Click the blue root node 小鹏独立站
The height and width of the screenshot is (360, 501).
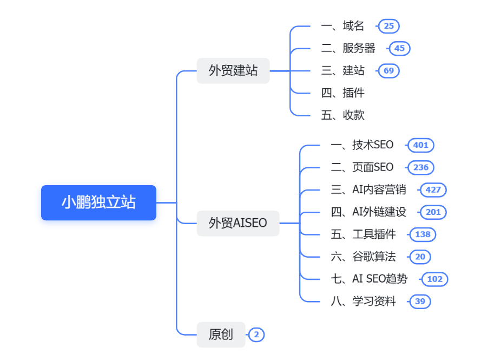pos(98,202)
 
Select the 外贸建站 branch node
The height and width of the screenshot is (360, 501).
pos(233,70)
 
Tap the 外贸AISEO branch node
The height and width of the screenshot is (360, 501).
pos(238,223)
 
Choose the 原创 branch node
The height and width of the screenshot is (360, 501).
pos(221,335)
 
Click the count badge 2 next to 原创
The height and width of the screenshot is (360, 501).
pos(256,335)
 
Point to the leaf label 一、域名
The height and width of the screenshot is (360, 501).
pos(342,26)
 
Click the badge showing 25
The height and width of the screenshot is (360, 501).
pos(388,26)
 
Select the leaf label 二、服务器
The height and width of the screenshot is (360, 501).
pos(348,48)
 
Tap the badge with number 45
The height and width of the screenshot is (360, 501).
pos(399,48)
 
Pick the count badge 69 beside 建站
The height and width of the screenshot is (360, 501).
pos(388,70)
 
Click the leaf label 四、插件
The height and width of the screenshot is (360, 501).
pos(342,93)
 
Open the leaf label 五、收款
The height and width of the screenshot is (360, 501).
pos(342,115)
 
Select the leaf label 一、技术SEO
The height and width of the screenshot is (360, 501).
pos(362,145)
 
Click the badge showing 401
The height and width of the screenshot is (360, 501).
pos(420,145)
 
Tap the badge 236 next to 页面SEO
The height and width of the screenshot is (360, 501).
pos(420,167)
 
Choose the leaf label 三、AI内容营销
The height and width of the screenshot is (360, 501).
pos(368,189)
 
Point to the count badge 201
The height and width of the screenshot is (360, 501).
pos(433,212)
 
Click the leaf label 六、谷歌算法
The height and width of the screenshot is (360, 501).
pos(363,257)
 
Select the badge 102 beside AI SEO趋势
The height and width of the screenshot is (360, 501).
pos(434,279)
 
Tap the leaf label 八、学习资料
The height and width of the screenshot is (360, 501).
pos(363,302)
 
